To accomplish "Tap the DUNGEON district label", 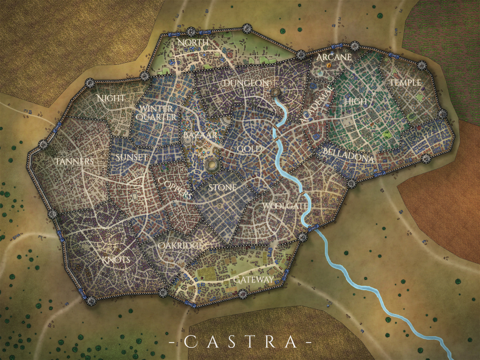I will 246,83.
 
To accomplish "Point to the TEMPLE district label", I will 405,82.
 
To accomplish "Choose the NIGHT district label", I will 111,98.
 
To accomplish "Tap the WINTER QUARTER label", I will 158,113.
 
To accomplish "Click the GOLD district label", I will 249,149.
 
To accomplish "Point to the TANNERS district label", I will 75,162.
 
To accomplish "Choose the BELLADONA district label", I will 348,156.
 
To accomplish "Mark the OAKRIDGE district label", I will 180,246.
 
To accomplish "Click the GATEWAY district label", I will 253,280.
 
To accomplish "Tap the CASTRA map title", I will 240,342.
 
